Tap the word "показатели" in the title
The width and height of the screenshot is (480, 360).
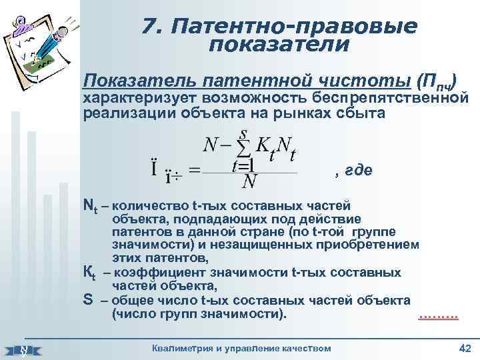coord(279,45)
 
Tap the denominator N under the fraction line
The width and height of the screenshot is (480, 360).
coord(250,181)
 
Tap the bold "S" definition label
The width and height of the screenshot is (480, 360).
coord(87,299)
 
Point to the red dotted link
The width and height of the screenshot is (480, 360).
coord(438,314)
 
